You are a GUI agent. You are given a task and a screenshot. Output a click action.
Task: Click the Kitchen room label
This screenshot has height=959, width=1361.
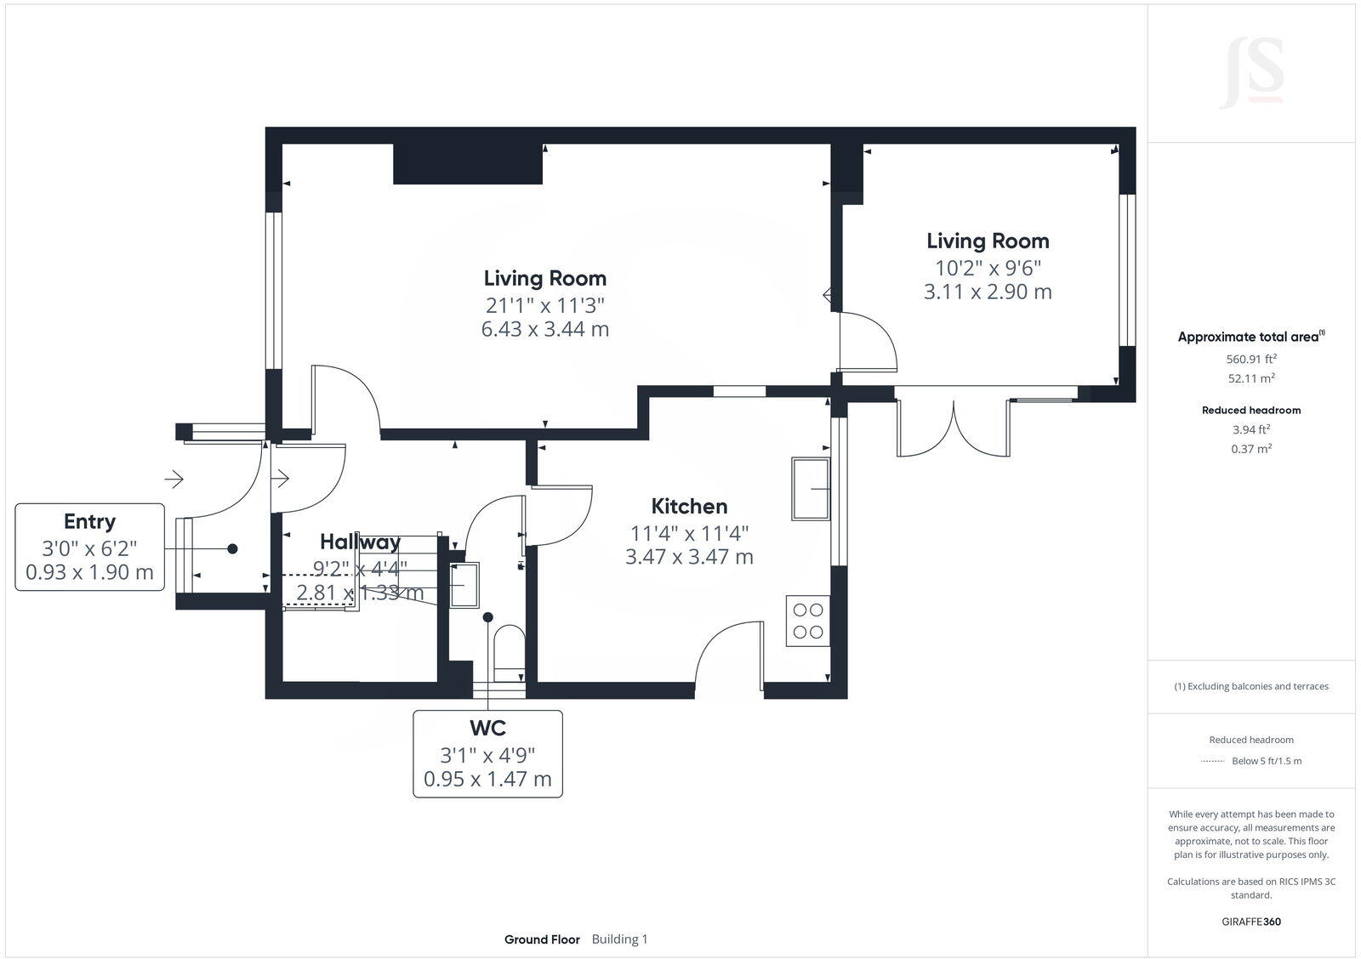(x=689, y=507)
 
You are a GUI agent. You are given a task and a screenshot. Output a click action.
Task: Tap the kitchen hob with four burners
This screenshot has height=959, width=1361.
(x=807, y=621)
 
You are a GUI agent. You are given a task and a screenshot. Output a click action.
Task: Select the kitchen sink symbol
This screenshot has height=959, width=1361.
(x=810, y=488)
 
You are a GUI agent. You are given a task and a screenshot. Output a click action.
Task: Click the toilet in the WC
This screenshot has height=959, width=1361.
(x=510, y=651)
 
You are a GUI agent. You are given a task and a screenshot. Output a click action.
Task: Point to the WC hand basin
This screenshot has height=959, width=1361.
(x=464, y=584)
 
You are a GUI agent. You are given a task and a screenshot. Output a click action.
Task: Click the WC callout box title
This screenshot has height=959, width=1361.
(x=487, y=728)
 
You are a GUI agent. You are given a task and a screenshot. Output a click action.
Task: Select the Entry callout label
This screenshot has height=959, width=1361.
(x=89, y=521)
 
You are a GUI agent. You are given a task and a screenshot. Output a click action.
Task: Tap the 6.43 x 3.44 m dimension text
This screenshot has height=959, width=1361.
(x=544, y=329)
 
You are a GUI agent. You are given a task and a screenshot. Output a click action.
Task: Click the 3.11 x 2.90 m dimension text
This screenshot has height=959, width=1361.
(x=988, y=292)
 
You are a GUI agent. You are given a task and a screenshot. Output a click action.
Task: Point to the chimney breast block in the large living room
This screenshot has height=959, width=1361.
(x=467, y=163)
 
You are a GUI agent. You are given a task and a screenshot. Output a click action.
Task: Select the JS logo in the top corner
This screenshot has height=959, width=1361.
(x=1251, y=73)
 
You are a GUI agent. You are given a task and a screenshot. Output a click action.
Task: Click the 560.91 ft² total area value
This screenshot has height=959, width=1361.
(x=1250, y=359)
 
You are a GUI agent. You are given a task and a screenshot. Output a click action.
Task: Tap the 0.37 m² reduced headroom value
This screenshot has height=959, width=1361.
(x=1250, y=449)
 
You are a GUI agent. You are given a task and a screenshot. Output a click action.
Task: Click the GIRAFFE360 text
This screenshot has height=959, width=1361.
(x=1250, y=922)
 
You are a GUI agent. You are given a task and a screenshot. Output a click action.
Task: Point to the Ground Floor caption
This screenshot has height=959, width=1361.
(x=542, y=939)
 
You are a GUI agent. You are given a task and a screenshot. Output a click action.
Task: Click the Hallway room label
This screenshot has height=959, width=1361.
(x=360, y=542)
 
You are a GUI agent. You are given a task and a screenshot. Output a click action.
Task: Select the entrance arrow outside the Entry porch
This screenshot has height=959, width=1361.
(x=174, y=479)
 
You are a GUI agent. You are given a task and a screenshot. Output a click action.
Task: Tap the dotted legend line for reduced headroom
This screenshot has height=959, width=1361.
(x=1211, y=761)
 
